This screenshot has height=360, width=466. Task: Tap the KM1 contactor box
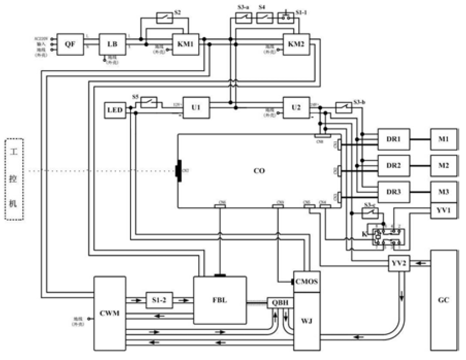pyautogui.click(x=185, y=44)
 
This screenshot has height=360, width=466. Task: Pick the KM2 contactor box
pyautogui.click(x=296, y=44)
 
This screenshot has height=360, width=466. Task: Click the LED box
pyautogui.click(x=115, y=110)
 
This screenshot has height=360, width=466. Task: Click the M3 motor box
pyautogui.click(x=444, y=192)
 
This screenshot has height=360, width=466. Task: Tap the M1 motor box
pyautogui.click(x=444, y=139)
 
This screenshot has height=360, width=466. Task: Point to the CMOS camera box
pyautogui.click(x=307, y=281)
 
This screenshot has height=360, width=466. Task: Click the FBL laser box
pyautogui.click(x=220, y=300)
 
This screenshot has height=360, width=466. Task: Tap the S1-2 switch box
pyautogui.click(x=158, y=300)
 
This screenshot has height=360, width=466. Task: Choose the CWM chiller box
pyautogui.click(x=110, y=312)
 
